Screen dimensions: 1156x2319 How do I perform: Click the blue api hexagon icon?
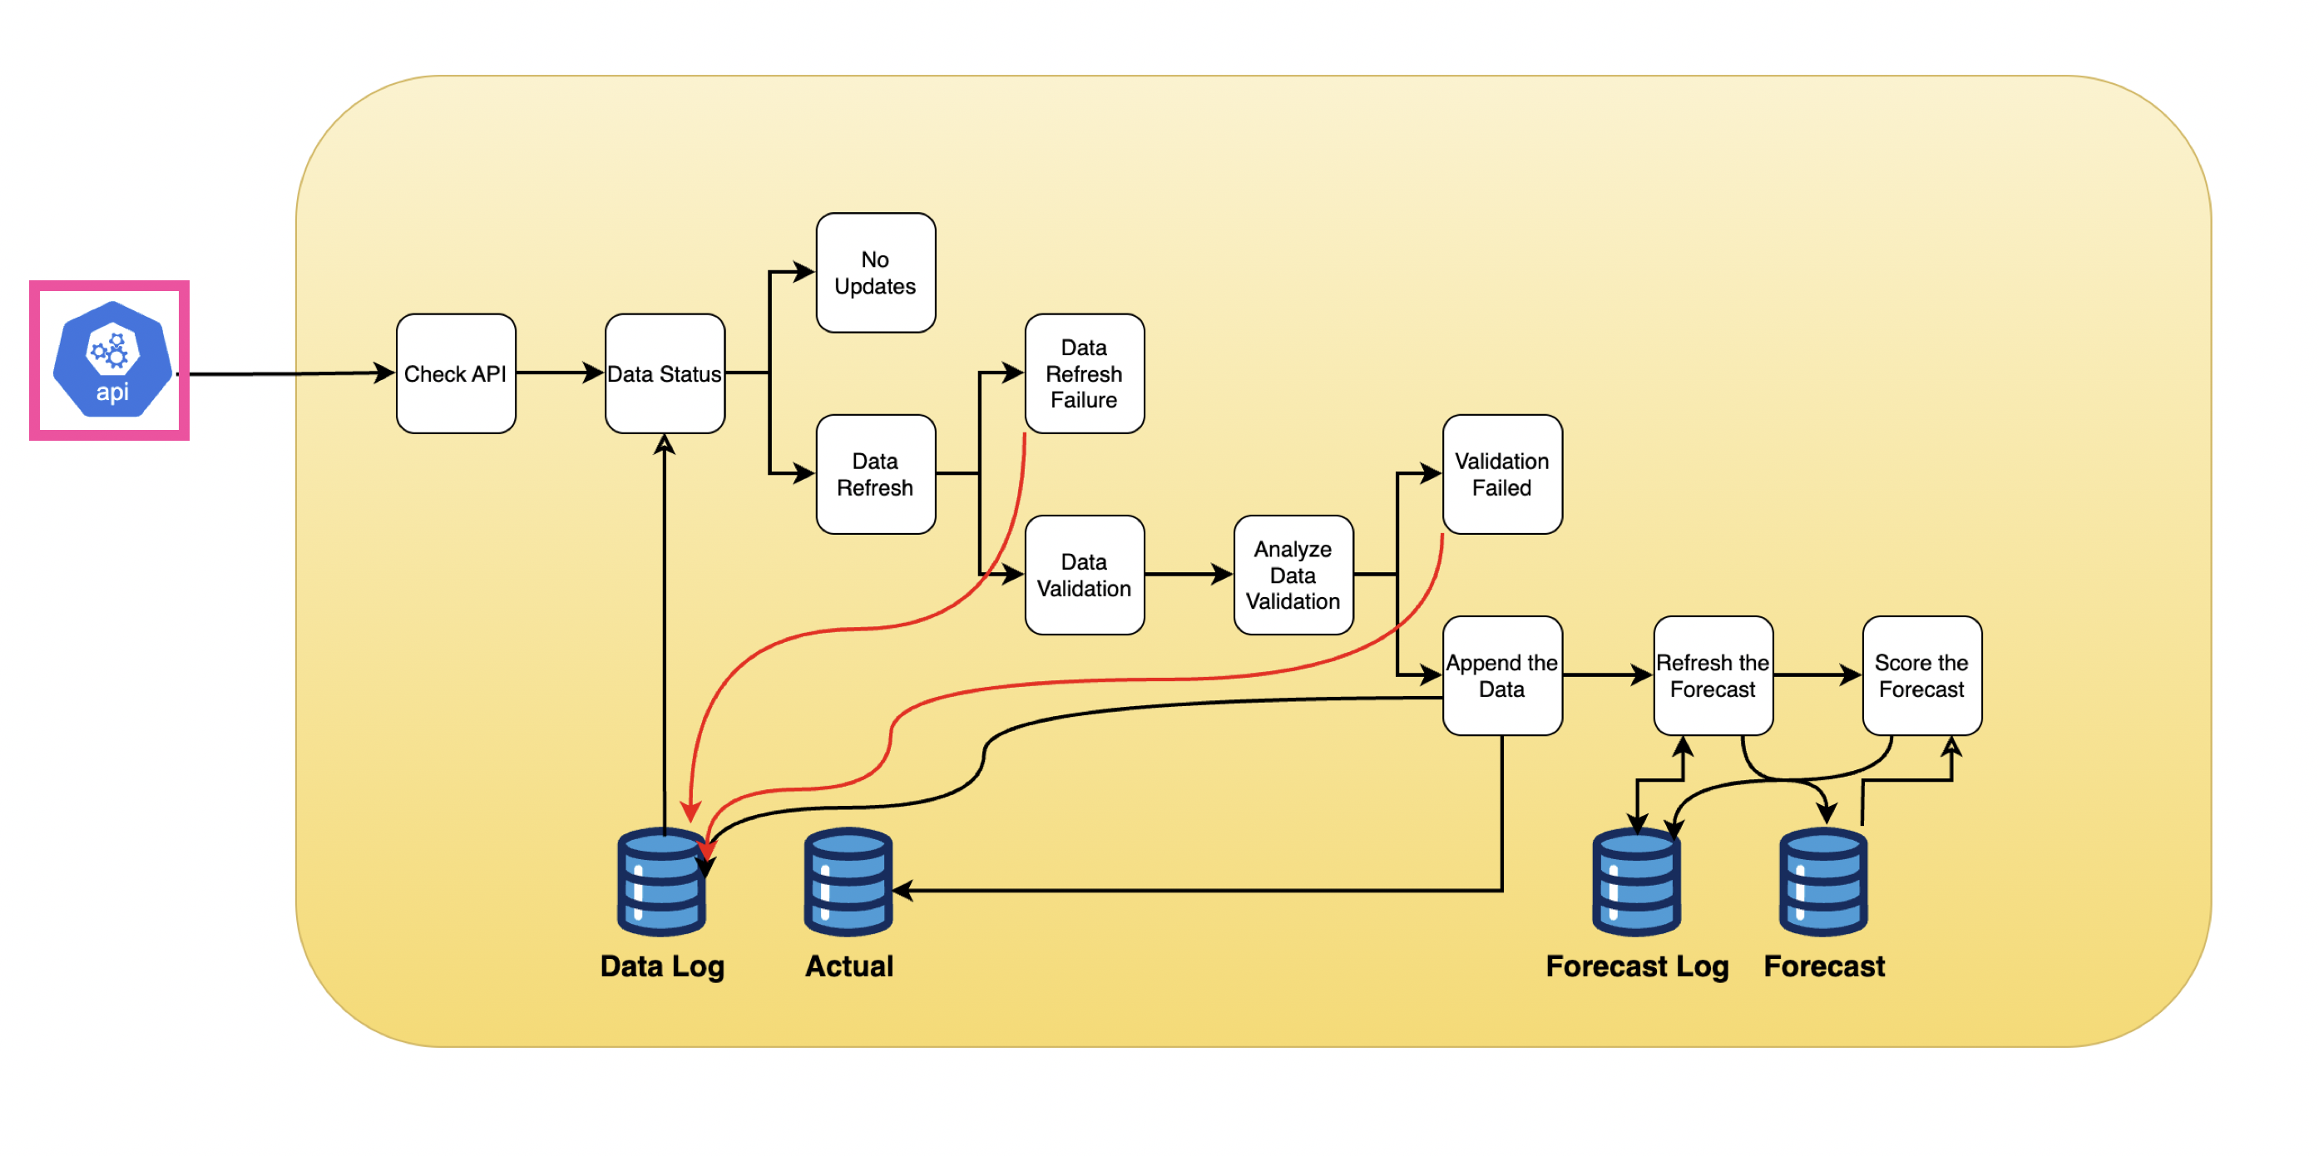111,360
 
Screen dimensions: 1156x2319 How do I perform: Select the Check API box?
456,373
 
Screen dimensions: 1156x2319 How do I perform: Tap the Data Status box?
665,373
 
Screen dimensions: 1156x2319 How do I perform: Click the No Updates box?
875,273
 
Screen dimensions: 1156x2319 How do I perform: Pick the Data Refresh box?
875,475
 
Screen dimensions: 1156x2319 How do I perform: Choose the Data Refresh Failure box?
1084,373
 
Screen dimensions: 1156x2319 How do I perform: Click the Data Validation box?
1084,576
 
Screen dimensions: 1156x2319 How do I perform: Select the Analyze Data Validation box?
1293,576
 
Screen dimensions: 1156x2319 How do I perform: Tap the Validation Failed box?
1501,475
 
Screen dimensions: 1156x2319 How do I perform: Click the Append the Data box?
1501,676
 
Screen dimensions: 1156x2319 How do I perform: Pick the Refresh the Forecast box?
1713,676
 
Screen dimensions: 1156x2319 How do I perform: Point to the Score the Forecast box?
1921,676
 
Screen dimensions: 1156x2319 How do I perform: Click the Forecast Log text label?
1637,966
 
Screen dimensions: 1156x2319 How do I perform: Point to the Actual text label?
849,966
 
